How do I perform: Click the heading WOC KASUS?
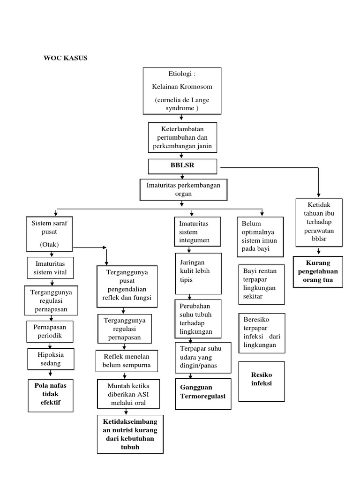(x=66, y=58)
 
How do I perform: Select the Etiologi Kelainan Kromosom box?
(x=182, y=91)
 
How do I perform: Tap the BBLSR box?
(x=182, y=166)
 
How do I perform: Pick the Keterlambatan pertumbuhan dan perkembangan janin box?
(x=182, y=137)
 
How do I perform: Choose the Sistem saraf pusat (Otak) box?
(x=50, y=234)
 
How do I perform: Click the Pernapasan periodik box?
(x=50, y=331)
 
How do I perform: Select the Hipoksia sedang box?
(x=50, y=359)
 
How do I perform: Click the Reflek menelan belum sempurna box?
(x=127, y=361)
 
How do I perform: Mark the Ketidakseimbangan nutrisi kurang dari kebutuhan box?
(x=130, y=434)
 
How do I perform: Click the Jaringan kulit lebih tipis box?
(x=198, y=273)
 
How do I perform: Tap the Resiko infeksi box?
(x=261, y=381)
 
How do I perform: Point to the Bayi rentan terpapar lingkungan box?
(x=261, y=284)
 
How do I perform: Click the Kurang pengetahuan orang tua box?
(x=318, y=271)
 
